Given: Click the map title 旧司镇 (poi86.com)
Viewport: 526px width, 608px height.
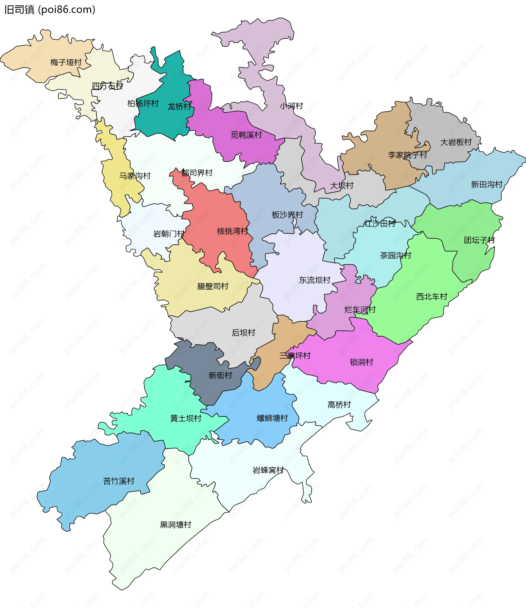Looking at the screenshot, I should [50, 10].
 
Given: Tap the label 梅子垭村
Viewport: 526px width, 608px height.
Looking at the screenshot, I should [66, 62].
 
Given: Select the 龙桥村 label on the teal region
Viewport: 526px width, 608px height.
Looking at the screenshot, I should [179, 106].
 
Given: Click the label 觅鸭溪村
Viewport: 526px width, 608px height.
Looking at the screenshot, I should [246, 135].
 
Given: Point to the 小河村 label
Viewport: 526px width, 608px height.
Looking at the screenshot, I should [291, 106].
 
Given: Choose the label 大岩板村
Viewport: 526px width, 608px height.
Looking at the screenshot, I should [456, 142].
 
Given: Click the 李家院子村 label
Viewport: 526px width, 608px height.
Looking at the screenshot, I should [407, 155].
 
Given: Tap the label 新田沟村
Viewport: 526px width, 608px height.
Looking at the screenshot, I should [487, 184].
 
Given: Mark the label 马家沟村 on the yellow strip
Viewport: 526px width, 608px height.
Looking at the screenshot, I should [135, 176].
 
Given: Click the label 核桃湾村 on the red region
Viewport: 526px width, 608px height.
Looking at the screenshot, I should [232, 231].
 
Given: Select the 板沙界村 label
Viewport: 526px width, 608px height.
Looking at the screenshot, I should [287, 215].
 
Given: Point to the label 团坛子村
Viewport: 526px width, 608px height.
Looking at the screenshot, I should [479, 240].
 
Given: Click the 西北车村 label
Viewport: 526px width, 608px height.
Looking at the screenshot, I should [431, 297].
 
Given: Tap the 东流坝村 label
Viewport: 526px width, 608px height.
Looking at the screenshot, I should [315, 280].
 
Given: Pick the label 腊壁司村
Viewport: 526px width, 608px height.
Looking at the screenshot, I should [213, 286].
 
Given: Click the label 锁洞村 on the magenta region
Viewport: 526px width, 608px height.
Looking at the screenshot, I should [361, 362].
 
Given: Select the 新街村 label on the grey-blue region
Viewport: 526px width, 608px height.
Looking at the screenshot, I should [220, 375].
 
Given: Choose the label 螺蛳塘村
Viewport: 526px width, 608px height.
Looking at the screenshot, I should [272, 418].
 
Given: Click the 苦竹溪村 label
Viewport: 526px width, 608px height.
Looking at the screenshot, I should [119, 481].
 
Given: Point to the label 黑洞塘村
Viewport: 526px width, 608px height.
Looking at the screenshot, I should [175, 525].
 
